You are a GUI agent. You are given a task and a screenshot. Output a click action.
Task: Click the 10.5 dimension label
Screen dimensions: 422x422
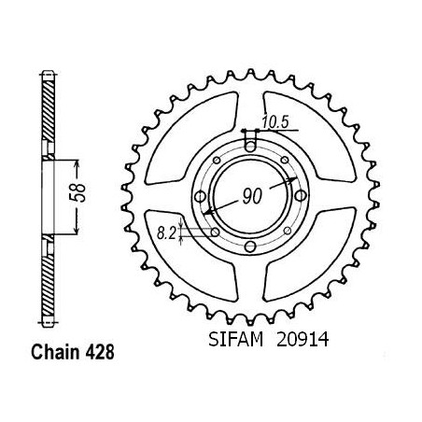(x=275, y=121)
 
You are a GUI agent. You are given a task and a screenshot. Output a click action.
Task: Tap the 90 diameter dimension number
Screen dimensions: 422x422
(x=252, y=196)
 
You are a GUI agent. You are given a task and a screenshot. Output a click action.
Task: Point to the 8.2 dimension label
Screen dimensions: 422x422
(x=166, y=233)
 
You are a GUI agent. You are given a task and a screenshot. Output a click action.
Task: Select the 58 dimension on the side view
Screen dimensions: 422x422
(x=79, y=193)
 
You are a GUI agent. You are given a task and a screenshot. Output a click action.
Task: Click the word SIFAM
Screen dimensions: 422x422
(x=235, y=339)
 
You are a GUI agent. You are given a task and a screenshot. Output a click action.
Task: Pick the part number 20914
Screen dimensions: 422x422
(x=302, y=339)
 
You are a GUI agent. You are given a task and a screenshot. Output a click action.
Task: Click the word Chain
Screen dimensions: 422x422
(x=55, y=353)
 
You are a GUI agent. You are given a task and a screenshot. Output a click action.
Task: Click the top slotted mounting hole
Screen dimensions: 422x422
(x=250, y=142)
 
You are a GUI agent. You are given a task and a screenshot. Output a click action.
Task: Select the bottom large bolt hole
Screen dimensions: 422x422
(x=250, y=247)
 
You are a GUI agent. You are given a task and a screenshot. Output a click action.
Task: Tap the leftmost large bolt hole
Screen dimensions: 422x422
(x=200, y=197)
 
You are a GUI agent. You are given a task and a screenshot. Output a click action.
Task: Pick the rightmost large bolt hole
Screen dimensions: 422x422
(x=301, y=196)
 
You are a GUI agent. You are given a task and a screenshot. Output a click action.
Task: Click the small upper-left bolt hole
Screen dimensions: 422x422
(x=217, y=161)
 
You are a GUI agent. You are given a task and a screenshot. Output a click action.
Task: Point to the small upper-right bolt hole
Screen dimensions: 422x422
(x=285, y=160)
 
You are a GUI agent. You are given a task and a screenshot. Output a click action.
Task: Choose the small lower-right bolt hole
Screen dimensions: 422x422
(x=288, y=231)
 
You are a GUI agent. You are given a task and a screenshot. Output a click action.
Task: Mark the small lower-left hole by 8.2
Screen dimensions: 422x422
(x=215, y=232)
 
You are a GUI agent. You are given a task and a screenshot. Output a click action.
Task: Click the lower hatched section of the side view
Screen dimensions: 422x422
(x=49, y=285)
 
